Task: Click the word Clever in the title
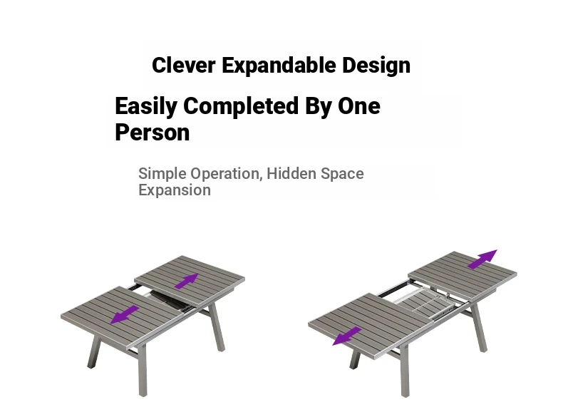click(x=183, y=65)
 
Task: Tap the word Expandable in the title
click(x=279, y=66)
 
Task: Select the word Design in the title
click(x=376, y=66)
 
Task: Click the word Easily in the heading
click(x=146, y=106)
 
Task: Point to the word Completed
click(x=241, y=105)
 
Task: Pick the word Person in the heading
click(x=153, y=132)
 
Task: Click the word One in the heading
click(x=358, y=105)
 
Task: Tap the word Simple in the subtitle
click(x=162, y=174)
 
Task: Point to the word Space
click(x=342, y=174)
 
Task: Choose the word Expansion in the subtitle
click(x=175, y=190)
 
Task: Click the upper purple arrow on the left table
click(x=186, y=281)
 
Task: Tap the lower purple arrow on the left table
click(x=125, y=314)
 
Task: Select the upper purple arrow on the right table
click(x=482, y=259)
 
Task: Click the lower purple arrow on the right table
click(x=347, y=336)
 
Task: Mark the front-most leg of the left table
click(x=143, y=370)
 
